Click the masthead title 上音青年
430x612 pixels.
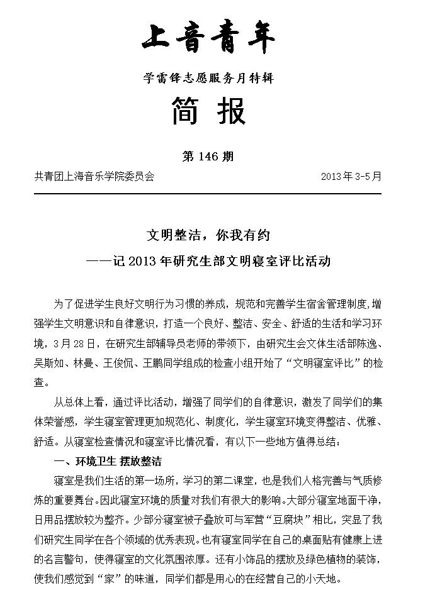click(x=208, y=39)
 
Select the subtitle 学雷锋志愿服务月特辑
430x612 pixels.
click(x=208, y=79)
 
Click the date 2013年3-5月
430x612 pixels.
click(x=351, y=177)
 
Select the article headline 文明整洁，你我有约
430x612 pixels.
click(x=208, y=235)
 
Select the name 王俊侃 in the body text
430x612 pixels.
click(x=141, y=363)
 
